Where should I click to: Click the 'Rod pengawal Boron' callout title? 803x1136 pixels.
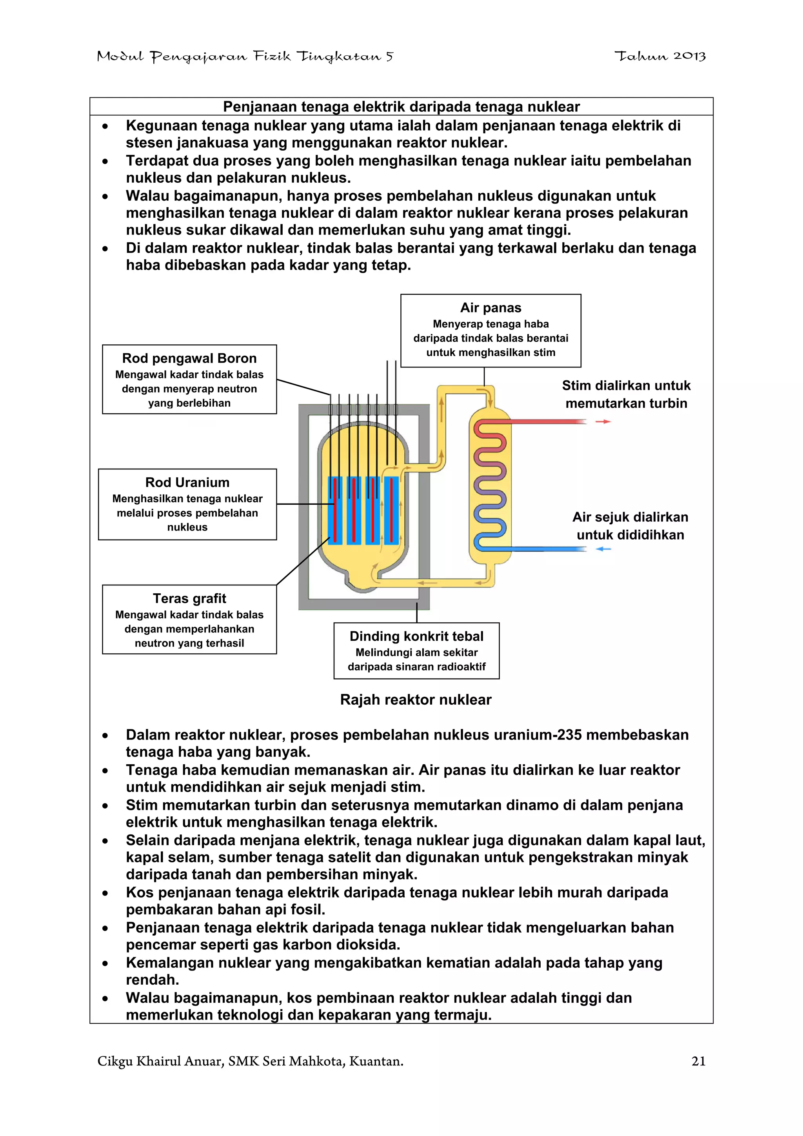tap(189, 358)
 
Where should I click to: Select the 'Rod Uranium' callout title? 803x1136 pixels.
tap(187, 482)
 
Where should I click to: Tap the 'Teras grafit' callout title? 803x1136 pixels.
tap(189, 599)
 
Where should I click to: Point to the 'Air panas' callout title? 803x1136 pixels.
tap(491, 308)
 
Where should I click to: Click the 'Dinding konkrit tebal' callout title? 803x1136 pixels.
tap(416, 636)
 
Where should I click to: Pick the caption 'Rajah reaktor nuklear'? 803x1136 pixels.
tap(416, 700)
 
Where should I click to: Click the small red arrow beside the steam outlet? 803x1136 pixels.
tap(603, 422)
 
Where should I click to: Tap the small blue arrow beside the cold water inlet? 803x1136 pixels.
tap(603, 549)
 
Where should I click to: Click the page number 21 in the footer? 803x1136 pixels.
tap(698, 1061)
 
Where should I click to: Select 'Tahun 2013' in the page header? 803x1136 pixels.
tap(659, 56)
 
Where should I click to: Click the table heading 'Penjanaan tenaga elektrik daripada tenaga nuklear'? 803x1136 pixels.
tap(401, 107)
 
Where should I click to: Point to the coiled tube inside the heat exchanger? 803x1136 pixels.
tap(489, 485)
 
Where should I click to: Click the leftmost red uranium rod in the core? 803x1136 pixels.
tap(335, 510)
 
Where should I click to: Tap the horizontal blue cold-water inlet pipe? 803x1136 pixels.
tap(549, 549)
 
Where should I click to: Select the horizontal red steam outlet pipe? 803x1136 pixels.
tap(549, 422)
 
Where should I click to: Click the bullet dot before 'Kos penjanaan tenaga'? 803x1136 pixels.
tap(105, 893)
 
